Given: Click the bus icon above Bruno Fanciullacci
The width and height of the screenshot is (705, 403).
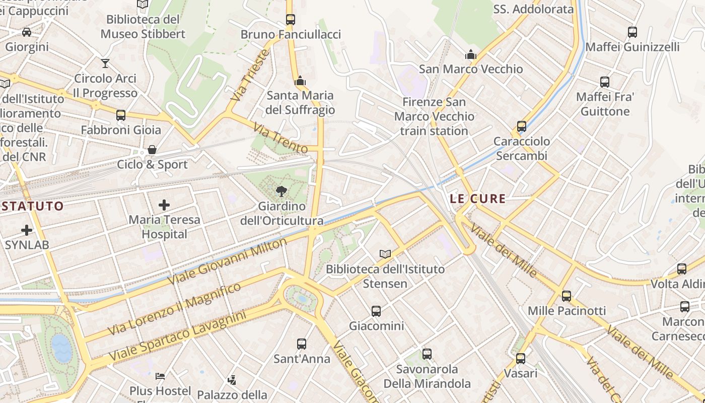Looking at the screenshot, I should coord(290,20).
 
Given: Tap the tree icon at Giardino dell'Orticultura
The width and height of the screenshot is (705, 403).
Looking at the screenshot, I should coord(281,191).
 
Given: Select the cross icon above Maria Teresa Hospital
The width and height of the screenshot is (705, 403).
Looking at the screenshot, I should coord(164,205).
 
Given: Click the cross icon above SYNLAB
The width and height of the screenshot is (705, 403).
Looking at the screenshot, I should coord(27,231).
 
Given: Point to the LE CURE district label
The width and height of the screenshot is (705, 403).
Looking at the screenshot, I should coord(477,199).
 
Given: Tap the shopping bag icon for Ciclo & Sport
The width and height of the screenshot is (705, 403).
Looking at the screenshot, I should coord(152,150).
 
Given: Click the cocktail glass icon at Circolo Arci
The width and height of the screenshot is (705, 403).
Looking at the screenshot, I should coord(105,63).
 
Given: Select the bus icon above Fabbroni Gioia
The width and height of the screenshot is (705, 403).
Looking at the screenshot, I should coord(121,115).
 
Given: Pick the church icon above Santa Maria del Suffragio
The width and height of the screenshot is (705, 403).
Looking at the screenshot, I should coord(300,81).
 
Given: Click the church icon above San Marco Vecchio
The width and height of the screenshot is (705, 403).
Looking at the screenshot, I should coord(471,54).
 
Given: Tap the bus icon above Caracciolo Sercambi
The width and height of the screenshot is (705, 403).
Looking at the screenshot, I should coord(522,126).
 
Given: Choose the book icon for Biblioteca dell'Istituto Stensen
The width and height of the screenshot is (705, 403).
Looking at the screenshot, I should coord(385,254).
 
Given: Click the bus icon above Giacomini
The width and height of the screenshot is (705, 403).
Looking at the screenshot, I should coord(376,311).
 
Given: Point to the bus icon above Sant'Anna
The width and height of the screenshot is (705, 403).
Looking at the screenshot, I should coord(301,344).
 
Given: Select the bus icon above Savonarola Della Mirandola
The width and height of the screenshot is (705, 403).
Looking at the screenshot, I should coord(427,354).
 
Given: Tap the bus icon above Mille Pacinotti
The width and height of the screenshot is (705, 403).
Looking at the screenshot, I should coord(567,296).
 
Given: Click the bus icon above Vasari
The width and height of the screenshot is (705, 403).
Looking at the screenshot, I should coord(521,359).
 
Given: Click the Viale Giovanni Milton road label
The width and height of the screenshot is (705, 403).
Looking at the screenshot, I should coord(228,261).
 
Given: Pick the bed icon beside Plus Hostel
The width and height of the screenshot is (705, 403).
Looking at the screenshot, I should coord(160,376).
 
